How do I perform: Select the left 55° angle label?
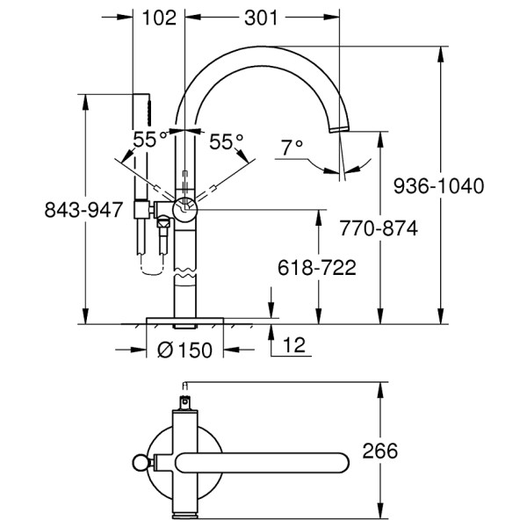tap(150, 141)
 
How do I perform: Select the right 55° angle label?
tap(226, 141)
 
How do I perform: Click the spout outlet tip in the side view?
tap(340, 129)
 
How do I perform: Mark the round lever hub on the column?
tap(185, 209)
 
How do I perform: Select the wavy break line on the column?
tap(185, 280)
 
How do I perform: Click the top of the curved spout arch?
tap(261, 51)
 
